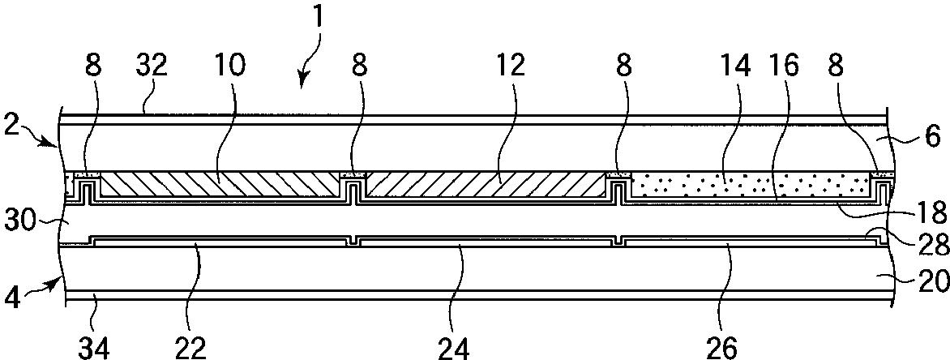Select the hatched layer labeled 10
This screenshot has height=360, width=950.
(218, 183)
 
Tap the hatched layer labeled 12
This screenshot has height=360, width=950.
(486, 183)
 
